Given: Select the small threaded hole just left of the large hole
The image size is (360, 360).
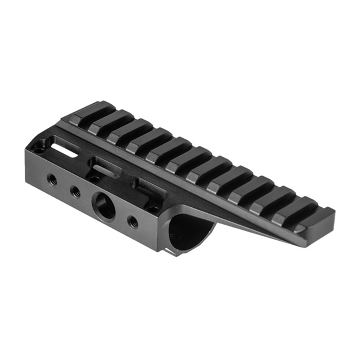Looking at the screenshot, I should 75,191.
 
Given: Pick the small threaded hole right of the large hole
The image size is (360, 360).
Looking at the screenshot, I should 132,221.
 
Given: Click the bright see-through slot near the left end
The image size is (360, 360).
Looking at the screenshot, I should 65,147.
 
